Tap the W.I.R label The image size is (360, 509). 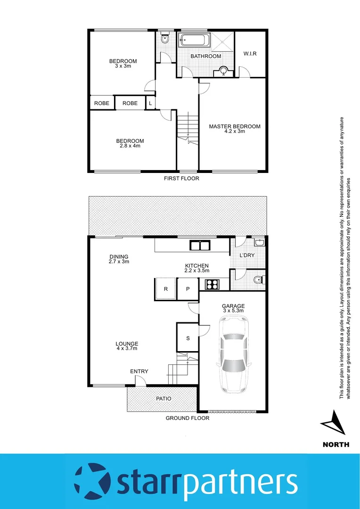pos(250,54)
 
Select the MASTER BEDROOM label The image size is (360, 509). pos(235,126)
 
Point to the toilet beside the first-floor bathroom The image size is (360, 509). pos(164,39)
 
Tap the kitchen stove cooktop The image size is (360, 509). pos(212,284)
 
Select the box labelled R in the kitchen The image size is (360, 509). pos(165,289)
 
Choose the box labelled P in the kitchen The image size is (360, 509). pos(188,289)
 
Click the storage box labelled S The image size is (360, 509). pos(188,337)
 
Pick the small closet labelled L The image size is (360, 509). pos(150,103)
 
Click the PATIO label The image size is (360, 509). pos(164,399)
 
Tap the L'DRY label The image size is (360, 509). pos(247,255)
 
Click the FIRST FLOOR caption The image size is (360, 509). pos(181,179)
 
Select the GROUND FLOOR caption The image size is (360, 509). pos(187,418)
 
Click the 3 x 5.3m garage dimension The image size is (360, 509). pos(234,311)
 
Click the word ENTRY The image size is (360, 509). pos(139,371)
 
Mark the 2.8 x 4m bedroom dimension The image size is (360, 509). pos(130,146)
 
